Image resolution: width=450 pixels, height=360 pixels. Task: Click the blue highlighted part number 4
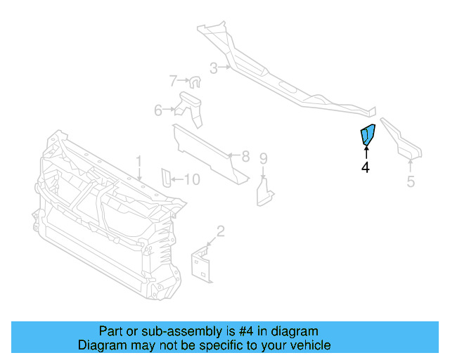[368, 135]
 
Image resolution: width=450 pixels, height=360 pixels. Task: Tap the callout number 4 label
[366, 167]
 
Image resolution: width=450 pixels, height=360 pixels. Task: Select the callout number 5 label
[411, 182]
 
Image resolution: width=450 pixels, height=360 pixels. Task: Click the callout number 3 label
[213, 68]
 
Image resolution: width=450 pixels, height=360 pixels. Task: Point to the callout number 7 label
[173, 81]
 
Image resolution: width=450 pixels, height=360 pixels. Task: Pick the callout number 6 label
[158, 110]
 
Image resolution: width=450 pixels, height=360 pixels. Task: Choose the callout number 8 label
[245, 156]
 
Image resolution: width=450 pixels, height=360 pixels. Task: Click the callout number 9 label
[263, 157]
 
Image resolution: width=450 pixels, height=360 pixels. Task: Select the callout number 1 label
[139, 162]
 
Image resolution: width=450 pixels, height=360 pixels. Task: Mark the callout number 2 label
[220, 231]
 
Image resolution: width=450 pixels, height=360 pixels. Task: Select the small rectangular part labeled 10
[166, 179]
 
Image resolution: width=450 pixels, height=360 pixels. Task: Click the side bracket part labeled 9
[266, 191]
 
